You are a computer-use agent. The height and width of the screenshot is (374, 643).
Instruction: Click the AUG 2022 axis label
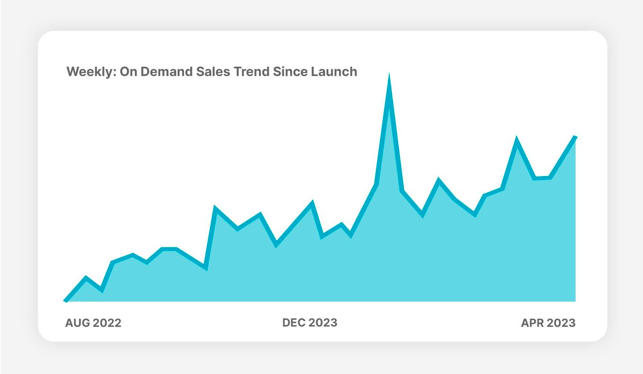(x=93, y=323)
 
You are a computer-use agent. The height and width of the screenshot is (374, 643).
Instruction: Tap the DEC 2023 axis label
(x=310, y=323)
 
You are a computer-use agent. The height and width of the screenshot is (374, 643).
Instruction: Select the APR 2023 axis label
(x=548, y=323)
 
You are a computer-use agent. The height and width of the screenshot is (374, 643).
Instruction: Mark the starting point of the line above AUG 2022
(x=66, y=300)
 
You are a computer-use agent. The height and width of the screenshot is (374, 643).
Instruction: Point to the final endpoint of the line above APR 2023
(x=575, y=137)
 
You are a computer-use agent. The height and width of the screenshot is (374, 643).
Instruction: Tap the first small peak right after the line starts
(x=86, y=278)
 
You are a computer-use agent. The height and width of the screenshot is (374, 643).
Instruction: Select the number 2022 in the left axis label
(x=107, y=323)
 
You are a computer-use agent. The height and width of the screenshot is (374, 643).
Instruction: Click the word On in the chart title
(x=127, y=72)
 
